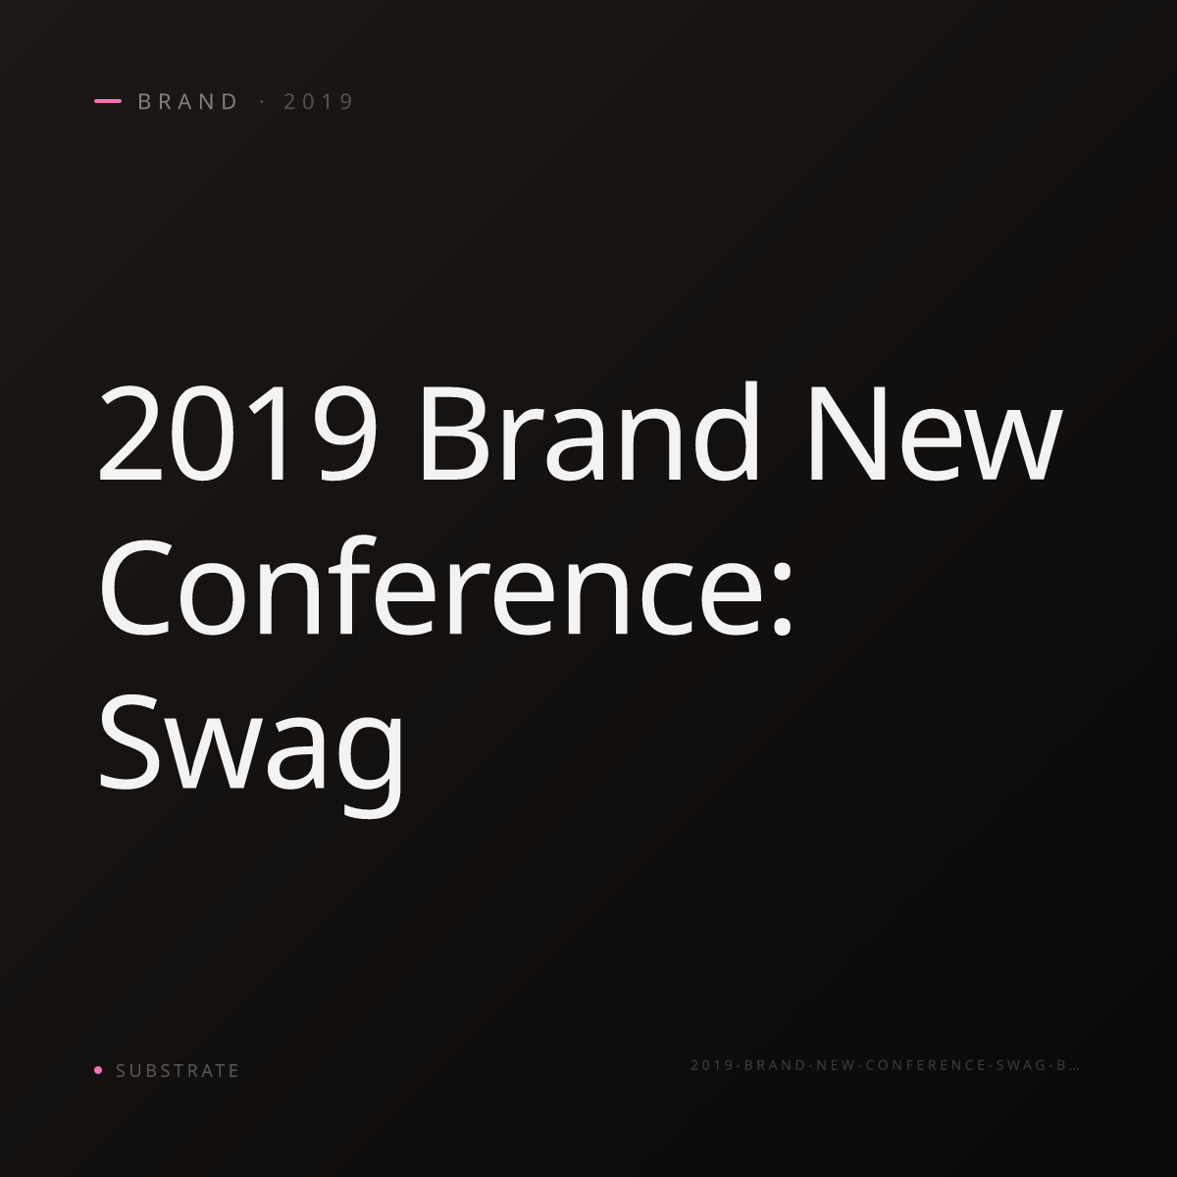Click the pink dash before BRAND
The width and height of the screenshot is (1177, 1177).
(x=108, y=101)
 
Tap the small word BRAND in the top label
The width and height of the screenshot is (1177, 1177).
(x=188, y=101)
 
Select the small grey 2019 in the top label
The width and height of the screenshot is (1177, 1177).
(x=319, y=101)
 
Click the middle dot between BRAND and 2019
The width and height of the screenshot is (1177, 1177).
(x=263, y=101)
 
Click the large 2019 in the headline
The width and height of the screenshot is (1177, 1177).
(x=237, y=434)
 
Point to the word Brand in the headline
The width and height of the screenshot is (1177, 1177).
(x=590, y=432)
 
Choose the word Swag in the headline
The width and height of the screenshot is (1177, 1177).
(x=251, y=755)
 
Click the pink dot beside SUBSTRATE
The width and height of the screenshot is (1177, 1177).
(x=98, y=1069)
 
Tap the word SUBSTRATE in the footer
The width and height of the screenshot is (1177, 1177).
(x=178, y=1070)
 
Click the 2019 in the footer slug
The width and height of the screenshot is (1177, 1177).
(x=711, y=1064)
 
